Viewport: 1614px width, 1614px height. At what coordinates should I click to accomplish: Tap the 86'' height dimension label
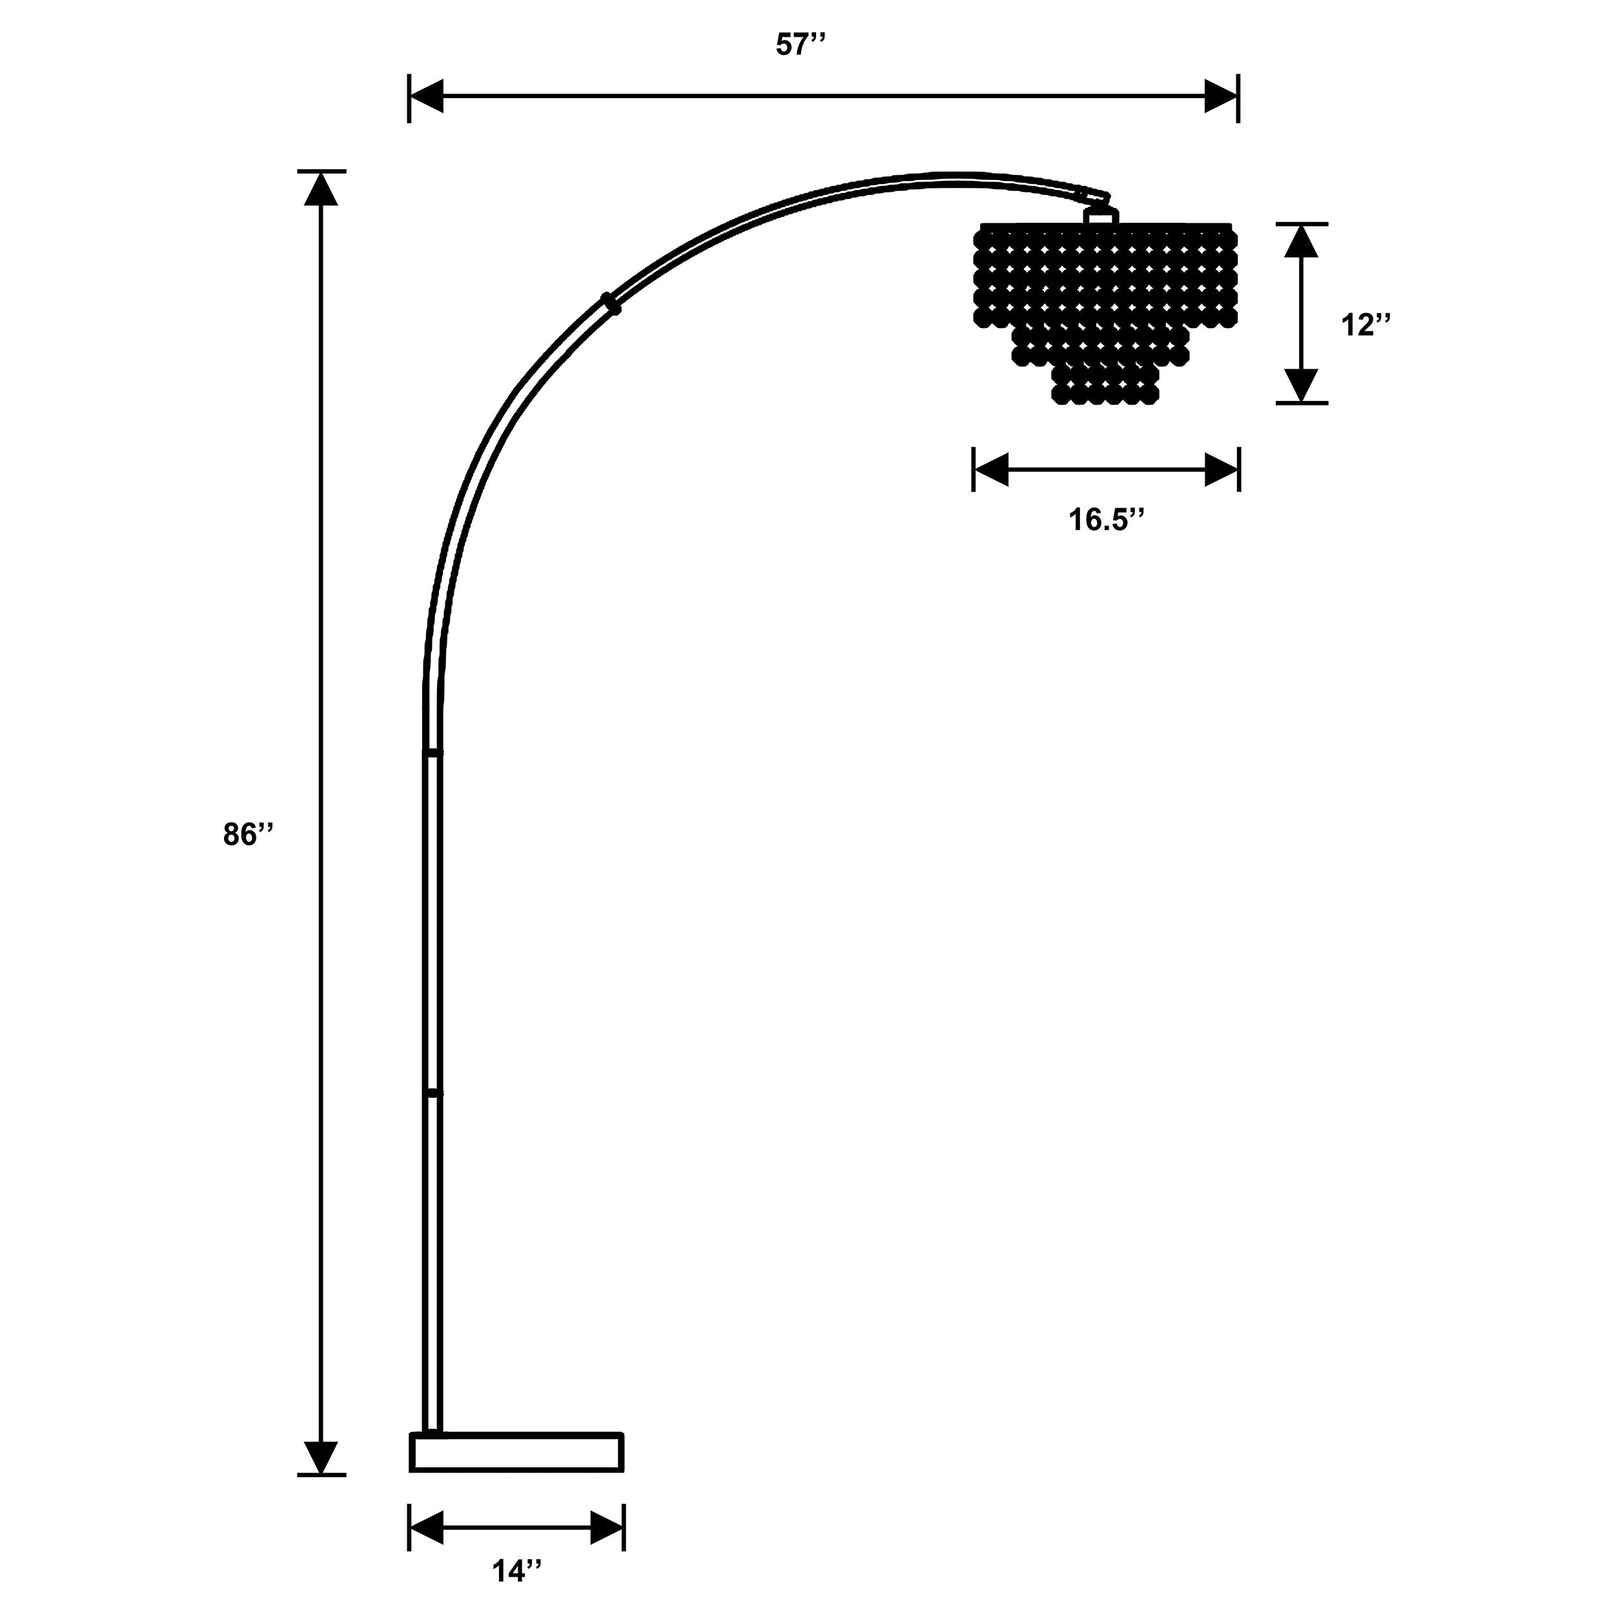coord(248,835)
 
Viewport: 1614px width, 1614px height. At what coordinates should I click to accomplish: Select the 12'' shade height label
coord(1366,325)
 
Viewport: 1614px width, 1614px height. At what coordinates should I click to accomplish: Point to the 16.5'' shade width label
coord(1105,520)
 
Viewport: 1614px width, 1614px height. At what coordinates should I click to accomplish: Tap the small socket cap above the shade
coord(1100,216)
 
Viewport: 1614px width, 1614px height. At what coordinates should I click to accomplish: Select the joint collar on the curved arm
coord(611,304)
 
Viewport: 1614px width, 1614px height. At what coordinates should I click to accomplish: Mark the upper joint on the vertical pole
coord(433,753)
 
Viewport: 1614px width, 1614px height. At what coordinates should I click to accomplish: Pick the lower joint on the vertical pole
coord(433,1093)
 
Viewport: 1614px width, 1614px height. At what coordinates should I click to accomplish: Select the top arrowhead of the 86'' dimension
coord(321,188)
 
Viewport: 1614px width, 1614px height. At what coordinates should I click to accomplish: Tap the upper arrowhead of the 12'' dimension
coord(1301,241)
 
